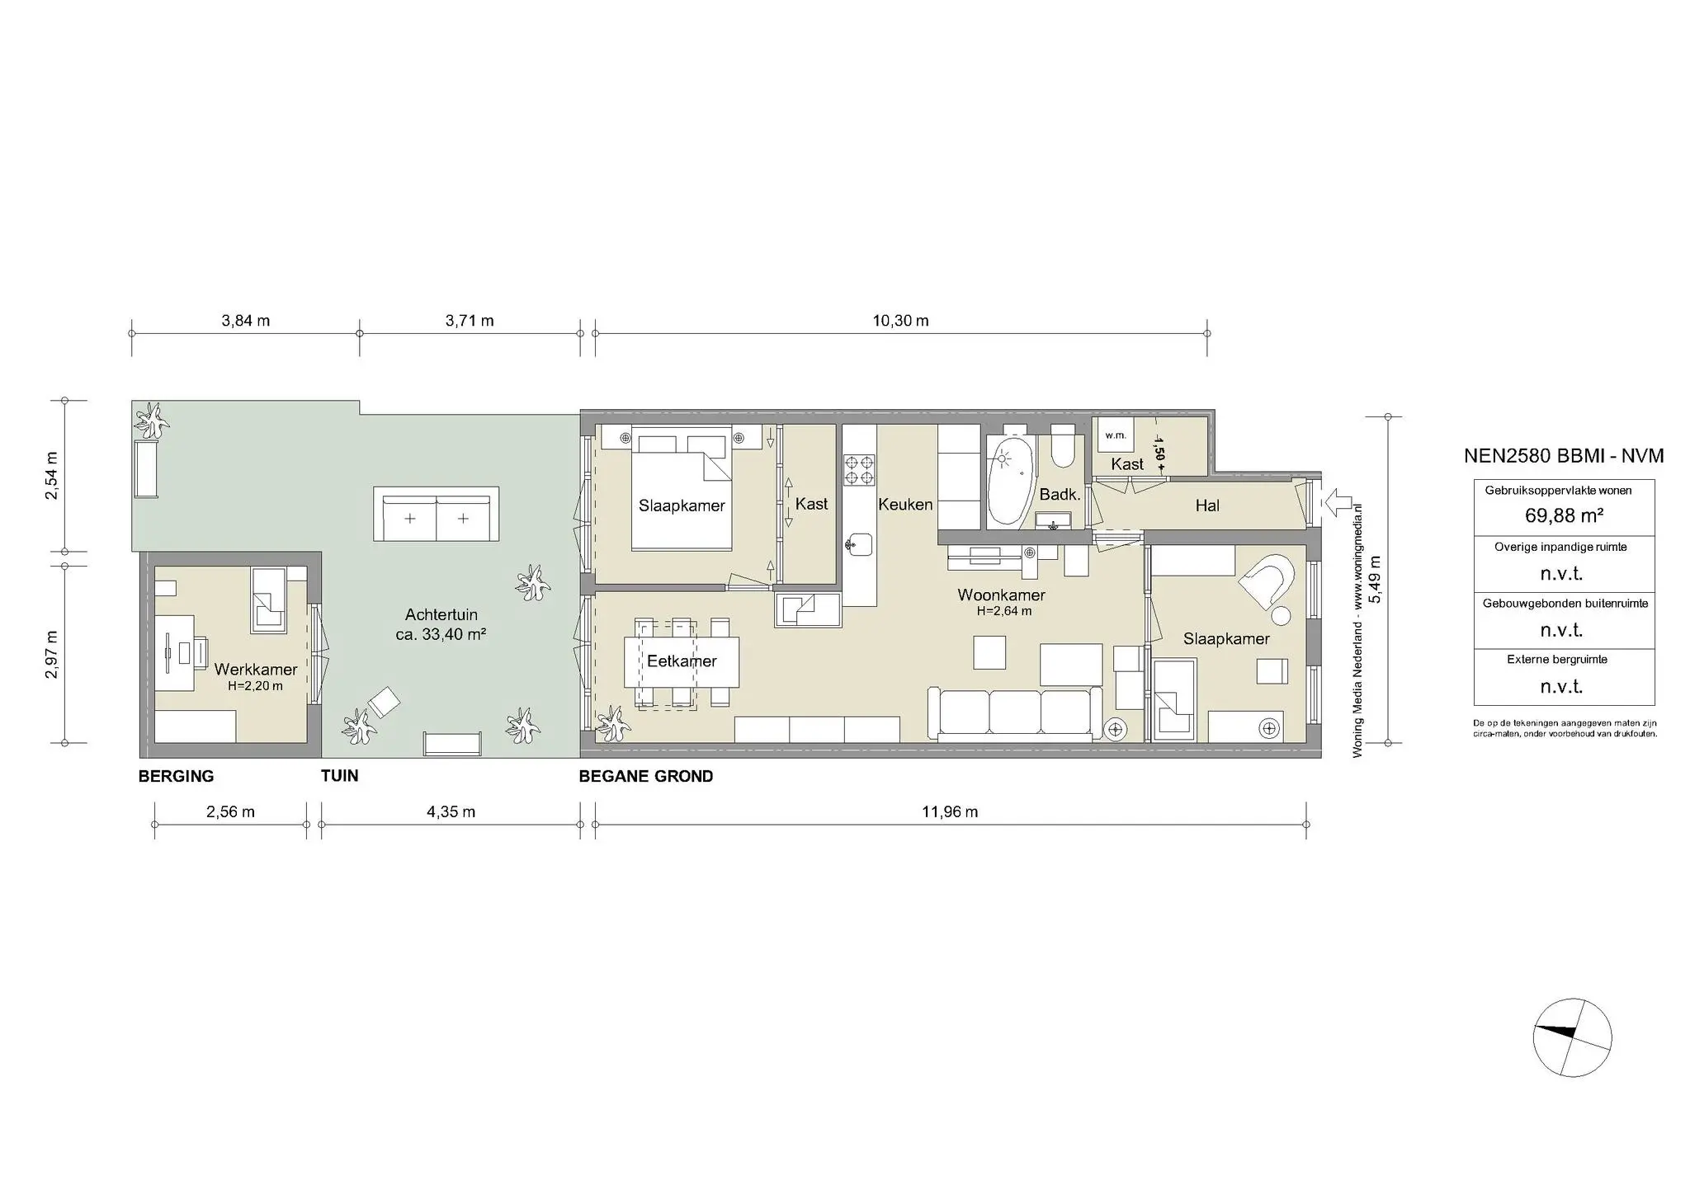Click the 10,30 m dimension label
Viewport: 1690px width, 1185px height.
click(900, 321)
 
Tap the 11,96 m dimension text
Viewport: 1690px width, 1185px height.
click(950, 811)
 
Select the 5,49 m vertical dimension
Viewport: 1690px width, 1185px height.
click(1374, 579)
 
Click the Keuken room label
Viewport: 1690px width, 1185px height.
click(905, 505)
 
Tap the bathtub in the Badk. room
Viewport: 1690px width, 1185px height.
click(1010, 481)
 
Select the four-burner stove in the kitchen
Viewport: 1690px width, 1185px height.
click(859, 469)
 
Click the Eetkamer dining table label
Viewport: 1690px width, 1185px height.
click(682, 661)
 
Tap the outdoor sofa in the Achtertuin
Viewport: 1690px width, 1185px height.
click(436, 514)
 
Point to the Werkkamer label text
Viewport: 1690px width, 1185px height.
click(256, 670)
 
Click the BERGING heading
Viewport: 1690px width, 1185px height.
click(176, 776)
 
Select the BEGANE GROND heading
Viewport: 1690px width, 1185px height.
click(645, 776)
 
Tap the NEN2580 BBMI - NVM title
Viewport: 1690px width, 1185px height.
click(1563, 456)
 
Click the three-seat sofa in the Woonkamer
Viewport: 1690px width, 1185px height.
click(1014, 712)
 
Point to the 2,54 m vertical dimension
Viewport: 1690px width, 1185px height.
click(52, 476)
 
